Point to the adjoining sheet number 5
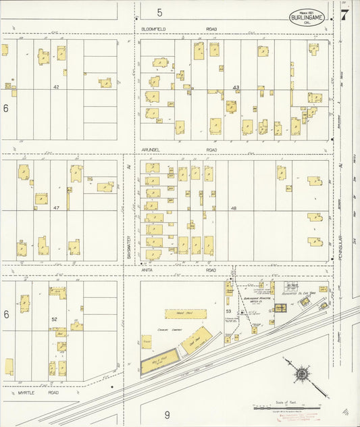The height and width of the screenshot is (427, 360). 160,12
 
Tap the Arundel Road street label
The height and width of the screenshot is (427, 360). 179,151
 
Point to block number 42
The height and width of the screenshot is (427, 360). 57,87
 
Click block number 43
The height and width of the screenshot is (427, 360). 236,88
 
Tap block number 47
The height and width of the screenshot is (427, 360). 57,208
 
